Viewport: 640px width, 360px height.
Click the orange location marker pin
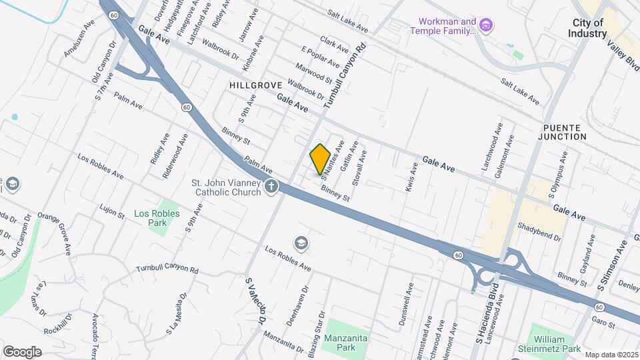320,159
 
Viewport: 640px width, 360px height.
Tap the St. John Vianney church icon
271,187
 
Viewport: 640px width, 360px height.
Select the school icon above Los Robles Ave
301,243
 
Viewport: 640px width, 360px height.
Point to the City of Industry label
587,27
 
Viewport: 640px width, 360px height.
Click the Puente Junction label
564,132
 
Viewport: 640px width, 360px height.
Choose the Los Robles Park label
150,218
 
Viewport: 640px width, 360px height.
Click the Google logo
22,352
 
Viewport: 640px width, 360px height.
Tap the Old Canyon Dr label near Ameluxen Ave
105,62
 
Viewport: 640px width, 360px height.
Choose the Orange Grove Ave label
54,234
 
